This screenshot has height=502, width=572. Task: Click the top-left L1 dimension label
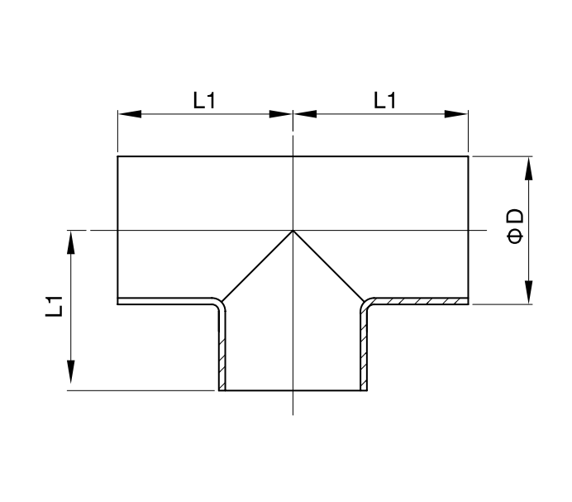[x=204, y=100]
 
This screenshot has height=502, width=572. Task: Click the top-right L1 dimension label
[x=385, y=100]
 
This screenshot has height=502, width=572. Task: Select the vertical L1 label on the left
[x=55, y=306]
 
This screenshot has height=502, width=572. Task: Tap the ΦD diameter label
[x=516, y=226]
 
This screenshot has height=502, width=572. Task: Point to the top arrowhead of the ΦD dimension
[x=528, y=169]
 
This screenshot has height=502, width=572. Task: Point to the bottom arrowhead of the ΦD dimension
[x=528, y=292]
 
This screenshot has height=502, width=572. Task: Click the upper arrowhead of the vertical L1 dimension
[x=71, y=242]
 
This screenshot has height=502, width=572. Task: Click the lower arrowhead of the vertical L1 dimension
[x=71, y=371]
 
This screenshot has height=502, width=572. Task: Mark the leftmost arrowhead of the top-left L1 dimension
[x=130, y=114]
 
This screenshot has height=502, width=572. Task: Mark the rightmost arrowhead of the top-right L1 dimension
[x=456, y=114]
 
